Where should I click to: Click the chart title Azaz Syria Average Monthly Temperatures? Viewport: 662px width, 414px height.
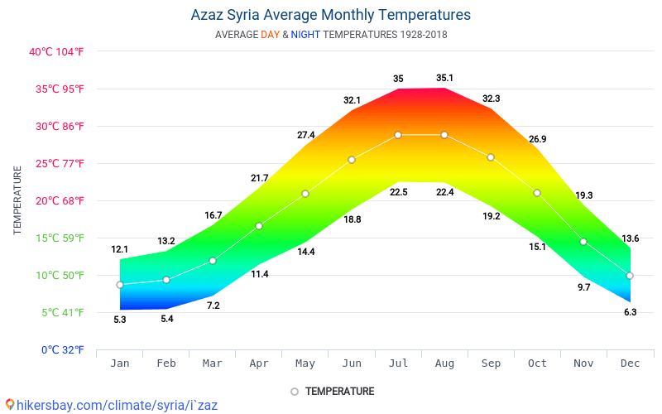pyautogui.click(x=330, y=15)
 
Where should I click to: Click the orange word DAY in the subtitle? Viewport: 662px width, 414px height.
pyautogui.click(x=270, y=35)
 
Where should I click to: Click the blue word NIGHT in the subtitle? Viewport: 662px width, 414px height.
pyautogui.click(x=305, y=35)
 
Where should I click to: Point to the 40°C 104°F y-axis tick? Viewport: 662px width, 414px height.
pyautogui.click(x=56, y=51)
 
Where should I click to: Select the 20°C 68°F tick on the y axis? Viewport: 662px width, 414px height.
pyautogui.click(x=56, y=200)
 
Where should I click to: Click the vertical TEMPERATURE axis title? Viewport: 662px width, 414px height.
pyautogui.click(x=17, y=200)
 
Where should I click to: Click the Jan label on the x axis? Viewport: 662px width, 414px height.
pyautogui.click(x=120, y=363)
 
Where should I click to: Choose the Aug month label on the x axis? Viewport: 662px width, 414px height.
pyautogui.click(x=444, y=363)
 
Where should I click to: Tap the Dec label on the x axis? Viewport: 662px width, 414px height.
pyautogui.click(x=630, y=363)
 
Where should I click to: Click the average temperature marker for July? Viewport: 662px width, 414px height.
pyautogui.click(x=398, y=135)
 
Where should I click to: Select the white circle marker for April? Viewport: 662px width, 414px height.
pyautogui.click(x=259, y=226)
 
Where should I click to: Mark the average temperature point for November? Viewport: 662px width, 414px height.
pyautogui.click(x=583, y=242)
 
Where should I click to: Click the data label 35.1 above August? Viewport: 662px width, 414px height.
pyautogui.click(x=444, y=78)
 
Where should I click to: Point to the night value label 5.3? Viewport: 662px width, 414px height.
pyautogui.click(x=120, y=320)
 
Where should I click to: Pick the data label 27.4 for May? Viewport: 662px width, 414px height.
pyautogui.click(x=305, y=135)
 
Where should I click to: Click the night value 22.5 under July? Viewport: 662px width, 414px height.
pyautogui.click(x=398, y=192)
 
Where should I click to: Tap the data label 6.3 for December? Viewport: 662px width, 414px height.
pyautogui.click(x=630, y=312)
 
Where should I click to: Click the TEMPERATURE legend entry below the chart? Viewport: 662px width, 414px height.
pyautogui.click(x=339, y=391)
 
